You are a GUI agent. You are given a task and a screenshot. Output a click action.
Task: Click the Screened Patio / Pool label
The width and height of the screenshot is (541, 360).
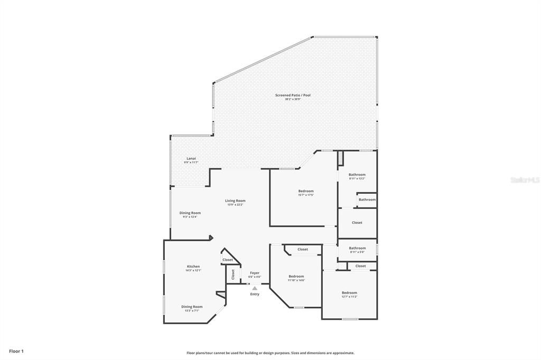pos(293,96)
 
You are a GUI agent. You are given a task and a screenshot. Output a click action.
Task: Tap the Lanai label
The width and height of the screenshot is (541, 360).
pos(191,158)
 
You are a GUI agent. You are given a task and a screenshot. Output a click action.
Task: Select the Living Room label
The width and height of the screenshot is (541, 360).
pos(235,201)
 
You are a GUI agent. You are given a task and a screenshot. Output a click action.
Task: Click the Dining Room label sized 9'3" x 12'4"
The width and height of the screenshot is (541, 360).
pos(190,213)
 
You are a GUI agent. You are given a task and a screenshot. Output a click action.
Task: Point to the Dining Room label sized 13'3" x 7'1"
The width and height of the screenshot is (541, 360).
pos(192,307)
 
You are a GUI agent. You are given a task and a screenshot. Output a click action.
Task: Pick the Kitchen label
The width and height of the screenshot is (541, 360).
pos(193,267)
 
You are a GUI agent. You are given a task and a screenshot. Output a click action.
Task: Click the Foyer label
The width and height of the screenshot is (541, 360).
pos(255,273)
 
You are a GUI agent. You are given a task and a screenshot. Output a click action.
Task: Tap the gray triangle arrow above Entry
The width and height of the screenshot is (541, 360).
pos(255,288)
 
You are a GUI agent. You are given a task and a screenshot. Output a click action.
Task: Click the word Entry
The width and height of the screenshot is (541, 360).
pos(255,294)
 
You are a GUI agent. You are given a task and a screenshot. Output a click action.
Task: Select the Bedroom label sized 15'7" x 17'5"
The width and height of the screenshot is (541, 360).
pos(306,191)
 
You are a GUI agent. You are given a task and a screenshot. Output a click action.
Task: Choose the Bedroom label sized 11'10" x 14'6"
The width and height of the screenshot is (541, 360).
pos(296,277)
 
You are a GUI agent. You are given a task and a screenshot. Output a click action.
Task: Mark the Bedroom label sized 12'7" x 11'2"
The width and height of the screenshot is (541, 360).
pos(349,293)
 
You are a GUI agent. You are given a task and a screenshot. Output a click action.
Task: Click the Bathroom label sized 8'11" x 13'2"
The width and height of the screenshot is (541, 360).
pos(357,175)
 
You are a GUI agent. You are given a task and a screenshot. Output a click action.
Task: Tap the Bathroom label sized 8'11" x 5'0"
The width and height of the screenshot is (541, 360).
pos(357,248)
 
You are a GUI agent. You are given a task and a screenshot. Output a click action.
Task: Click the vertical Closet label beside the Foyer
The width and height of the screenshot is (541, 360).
pos(232,274)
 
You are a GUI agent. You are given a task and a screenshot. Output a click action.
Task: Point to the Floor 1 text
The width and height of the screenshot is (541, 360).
pos(16,351)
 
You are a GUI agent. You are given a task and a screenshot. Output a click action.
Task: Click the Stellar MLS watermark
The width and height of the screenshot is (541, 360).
pos(524,180)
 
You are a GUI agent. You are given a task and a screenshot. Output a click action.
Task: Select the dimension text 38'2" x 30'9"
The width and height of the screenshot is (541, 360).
pos(293,99)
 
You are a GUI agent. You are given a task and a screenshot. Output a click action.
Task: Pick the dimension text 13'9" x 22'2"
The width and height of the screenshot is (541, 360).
pos(235,205)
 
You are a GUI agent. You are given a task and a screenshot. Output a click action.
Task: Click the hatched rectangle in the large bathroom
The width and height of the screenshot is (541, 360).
pos(341,157)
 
